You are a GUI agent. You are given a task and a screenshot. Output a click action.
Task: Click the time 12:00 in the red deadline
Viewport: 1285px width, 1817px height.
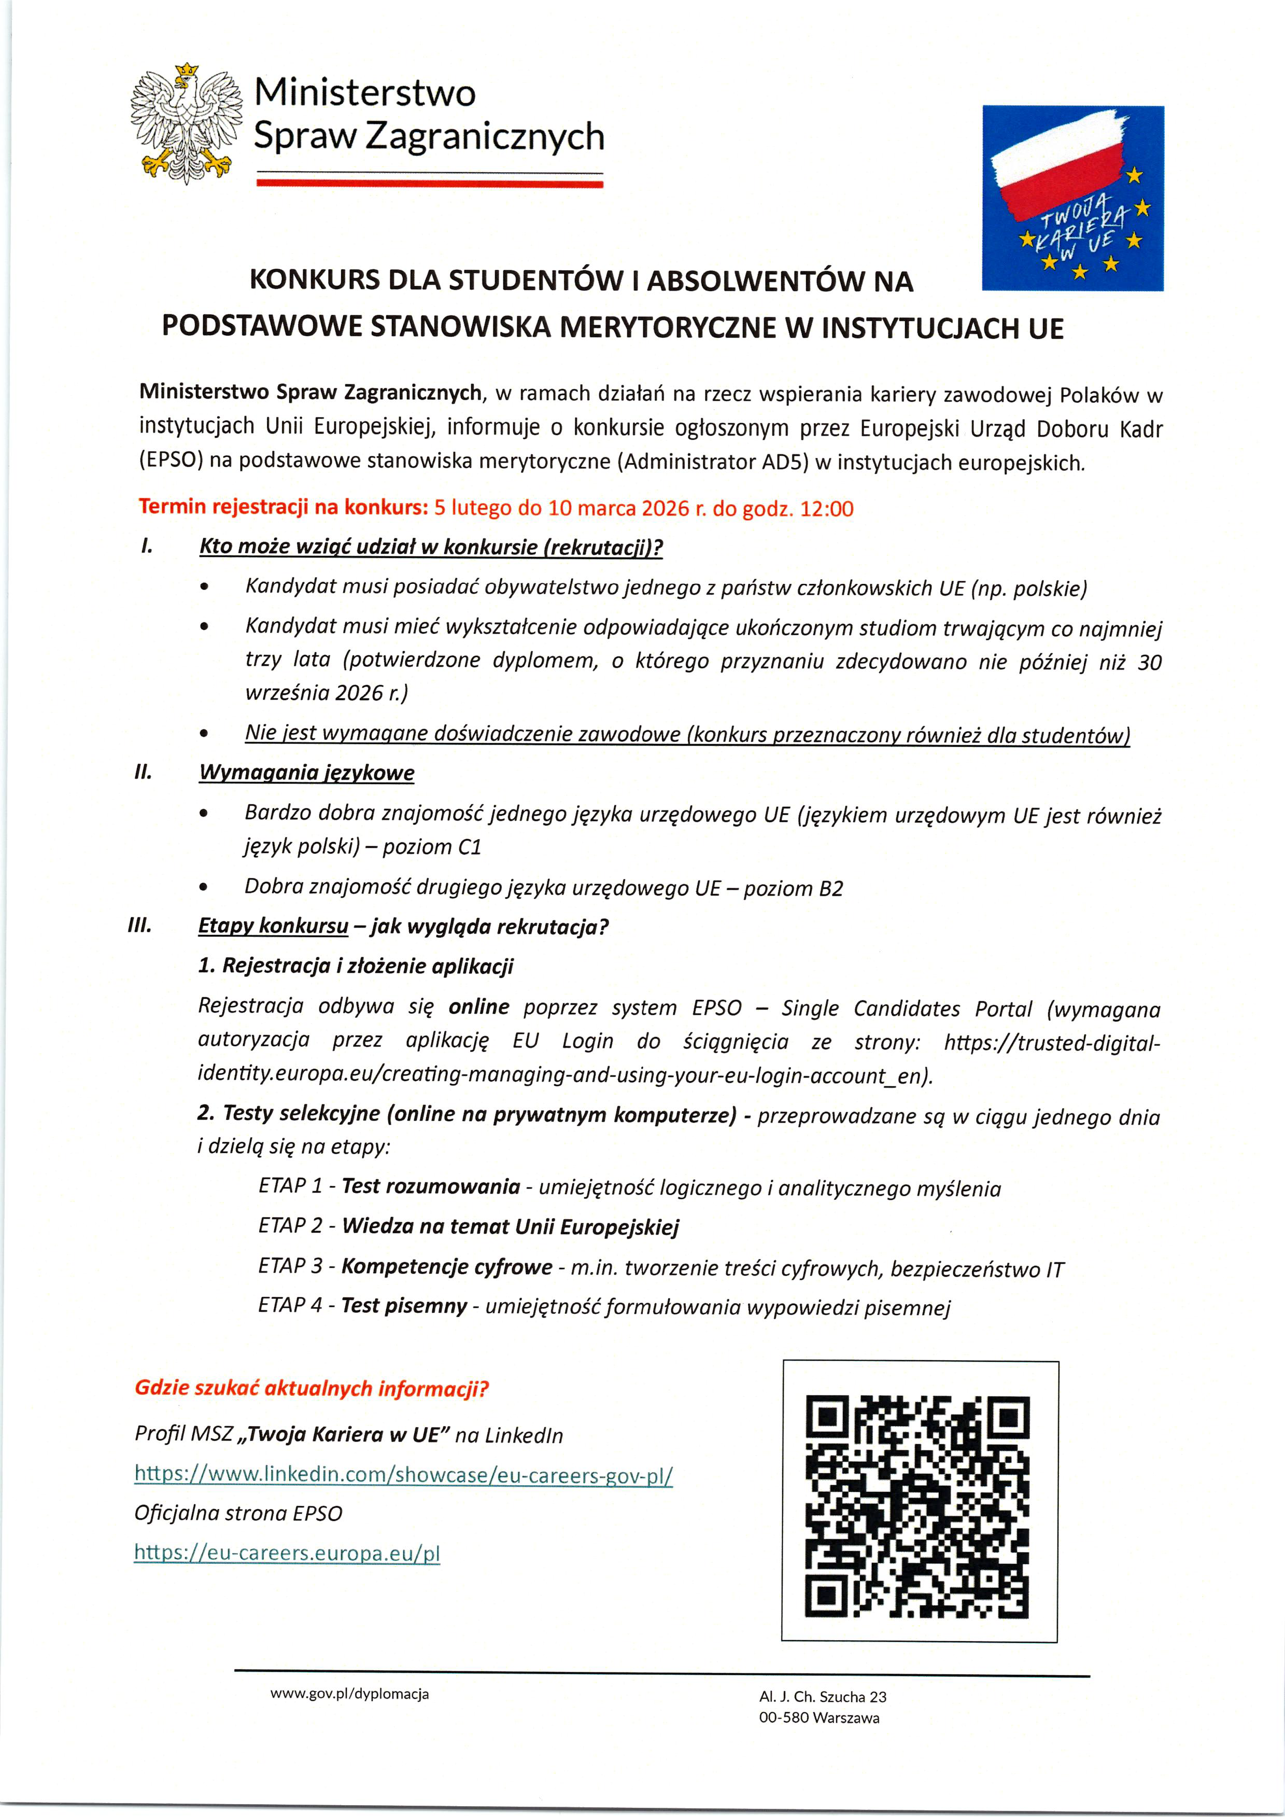[827, 509]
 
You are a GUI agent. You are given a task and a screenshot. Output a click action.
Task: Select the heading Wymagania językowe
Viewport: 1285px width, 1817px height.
[306, 773]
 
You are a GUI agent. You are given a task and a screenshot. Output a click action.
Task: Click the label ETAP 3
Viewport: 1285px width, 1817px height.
[290, 1266]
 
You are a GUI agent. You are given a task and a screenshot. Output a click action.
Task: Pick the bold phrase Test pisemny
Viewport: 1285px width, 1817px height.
[404, 1306]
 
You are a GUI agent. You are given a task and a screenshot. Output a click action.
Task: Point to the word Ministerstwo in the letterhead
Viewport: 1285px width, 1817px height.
[365, 93]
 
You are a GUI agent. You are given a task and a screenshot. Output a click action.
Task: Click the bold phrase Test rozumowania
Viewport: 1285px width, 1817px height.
[430, 1186]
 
